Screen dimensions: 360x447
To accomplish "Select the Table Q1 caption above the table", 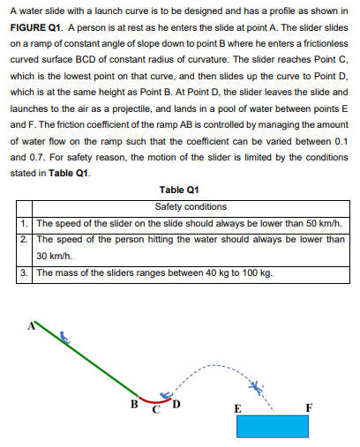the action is [x=179, y=191].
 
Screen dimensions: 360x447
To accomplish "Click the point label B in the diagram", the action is [x=133, y=405].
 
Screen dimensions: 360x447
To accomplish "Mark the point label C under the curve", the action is [x=154, y=409].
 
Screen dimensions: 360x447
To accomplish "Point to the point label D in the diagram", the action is [x=175, y=405].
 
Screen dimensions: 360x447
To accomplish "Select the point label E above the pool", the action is [x=236, y=408].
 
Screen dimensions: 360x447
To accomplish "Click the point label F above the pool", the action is [x=307, y=406].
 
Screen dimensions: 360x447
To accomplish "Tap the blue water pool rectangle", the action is [x=272, y=426].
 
